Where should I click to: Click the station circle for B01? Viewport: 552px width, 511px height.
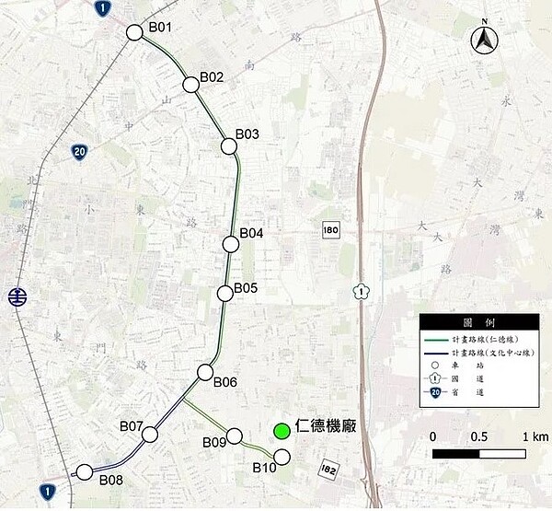(134, 32)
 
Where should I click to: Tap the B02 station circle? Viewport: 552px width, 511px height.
(191, 85)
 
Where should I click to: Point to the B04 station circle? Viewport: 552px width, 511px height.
(230, 244)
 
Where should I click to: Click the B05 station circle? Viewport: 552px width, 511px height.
(224, 294)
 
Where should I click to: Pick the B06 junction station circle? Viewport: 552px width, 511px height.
(205, 372)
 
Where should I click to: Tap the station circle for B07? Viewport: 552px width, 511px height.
(153, 433)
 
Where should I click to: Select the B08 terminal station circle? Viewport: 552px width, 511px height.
(85, 472)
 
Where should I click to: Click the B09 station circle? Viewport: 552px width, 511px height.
(234, 436)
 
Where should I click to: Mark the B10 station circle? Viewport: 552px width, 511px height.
(282, 458)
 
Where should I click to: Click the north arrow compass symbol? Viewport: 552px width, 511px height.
(484, 40)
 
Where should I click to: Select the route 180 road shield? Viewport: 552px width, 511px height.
(331, 228)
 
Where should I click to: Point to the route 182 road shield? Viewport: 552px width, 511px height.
(328, 470)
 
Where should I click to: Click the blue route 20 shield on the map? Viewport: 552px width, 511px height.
(80, 152)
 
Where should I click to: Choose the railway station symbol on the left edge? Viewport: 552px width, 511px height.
(16, 296)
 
